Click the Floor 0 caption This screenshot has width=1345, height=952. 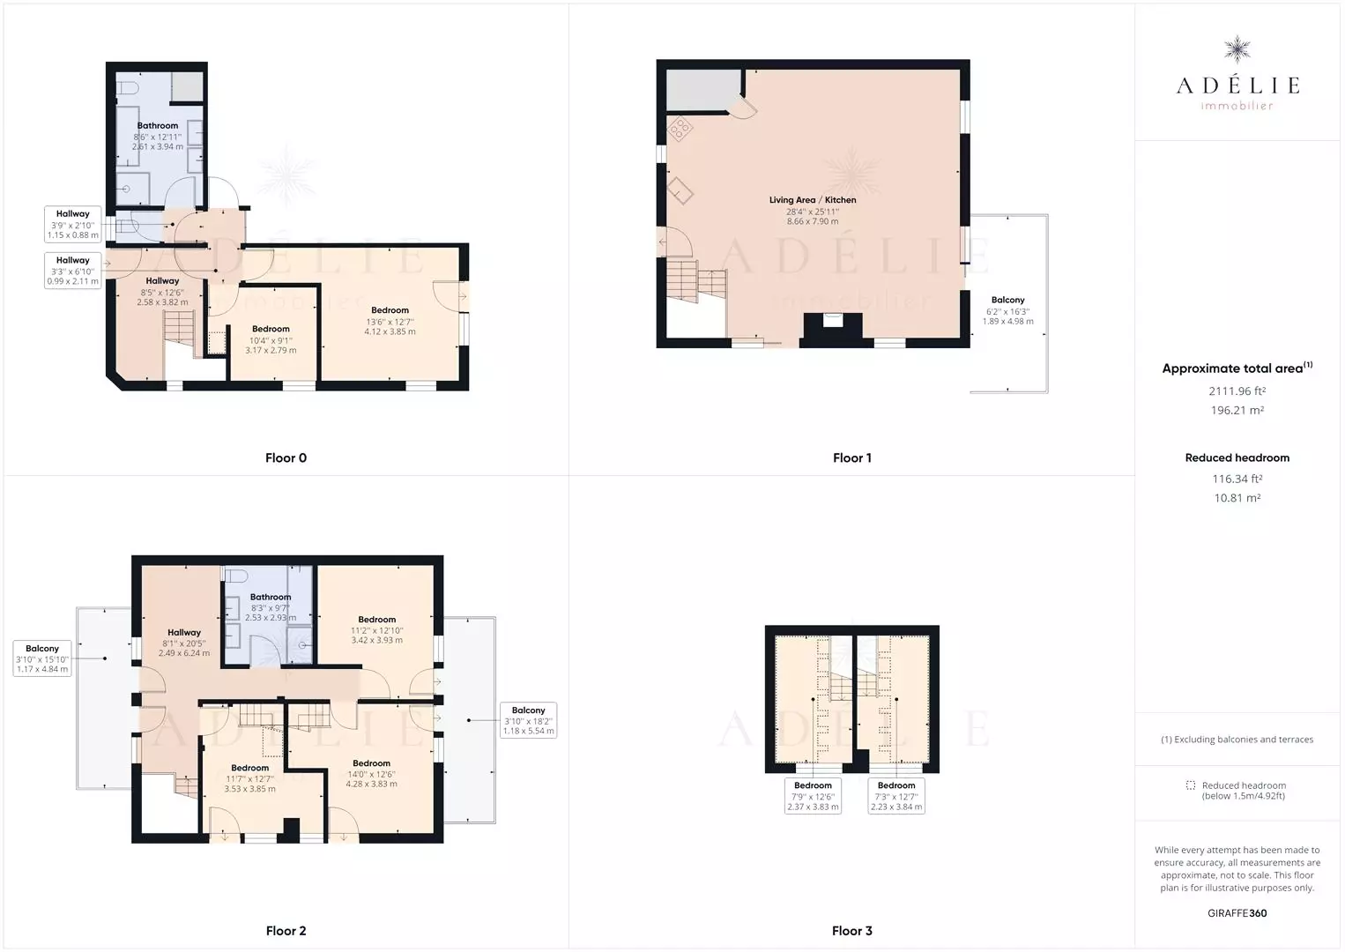click(x=286, y=457)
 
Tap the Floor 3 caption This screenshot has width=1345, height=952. click(x=851, y=931)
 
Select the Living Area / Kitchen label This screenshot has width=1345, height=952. click(x=813, y=200)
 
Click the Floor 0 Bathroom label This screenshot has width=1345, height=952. click(x=157, y=125)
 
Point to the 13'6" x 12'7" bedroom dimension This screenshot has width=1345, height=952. click(x=390, y=322)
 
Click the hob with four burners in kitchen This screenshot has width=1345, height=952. click(x=680, y=129)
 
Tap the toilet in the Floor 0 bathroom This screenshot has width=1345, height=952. click(x=127, y=88)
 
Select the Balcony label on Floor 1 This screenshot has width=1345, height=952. click(x=1007, y=300)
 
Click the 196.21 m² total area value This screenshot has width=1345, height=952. click(x=1237, y=410)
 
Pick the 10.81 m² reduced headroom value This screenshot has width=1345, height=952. click(x=1237, y=498)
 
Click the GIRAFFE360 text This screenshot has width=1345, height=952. click(x=1237, y=913)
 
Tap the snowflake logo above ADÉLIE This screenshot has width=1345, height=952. click(x=1237, y=49)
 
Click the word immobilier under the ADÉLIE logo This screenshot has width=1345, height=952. click(x=1237, y=106)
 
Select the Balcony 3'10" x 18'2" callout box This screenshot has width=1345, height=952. click(x=529, y=720)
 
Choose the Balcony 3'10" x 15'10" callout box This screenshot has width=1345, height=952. click(x=42, y=658)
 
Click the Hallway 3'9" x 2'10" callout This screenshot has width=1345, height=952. click(x=72, y=224)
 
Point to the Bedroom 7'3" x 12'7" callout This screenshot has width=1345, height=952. click(x=895, y=796)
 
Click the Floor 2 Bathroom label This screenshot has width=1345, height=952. click(x=271, y=597)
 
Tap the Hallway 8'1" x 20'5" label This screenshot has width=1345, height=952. click(x=184, y=643)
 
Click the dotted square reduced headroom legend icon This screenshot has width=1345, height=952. click(x=1191, y=785)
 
